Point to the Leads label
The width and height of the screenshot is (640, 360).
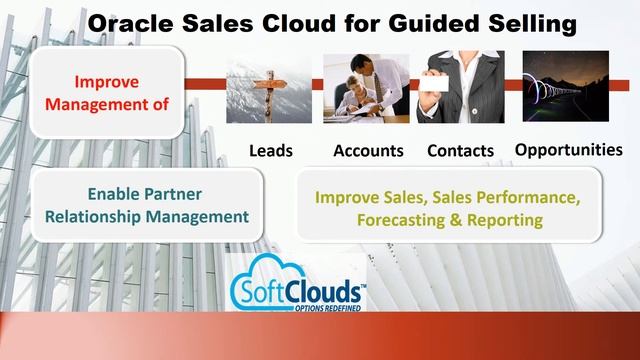pyautogui.click(x=270, y=151)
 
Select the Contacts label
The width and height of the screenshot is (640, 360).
pyautogui.click(x=460, y=151)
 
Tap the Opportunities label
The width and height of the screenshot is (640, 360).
pyautogui.click(x=568, y=150)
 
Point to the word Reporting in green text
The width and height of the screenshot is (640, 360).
pyautogui.click(x=484, y=218)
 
